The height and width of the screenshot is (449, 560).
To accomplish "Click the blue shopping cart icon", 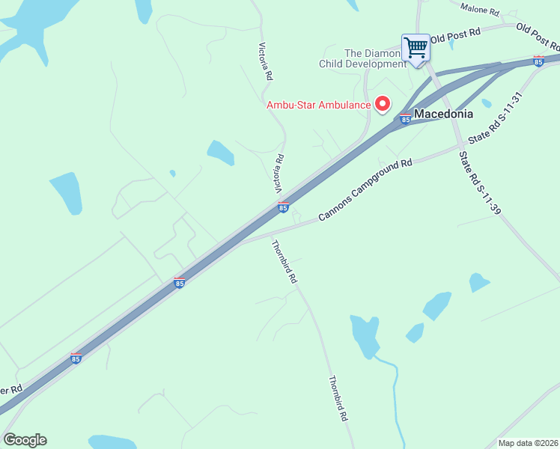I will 416,48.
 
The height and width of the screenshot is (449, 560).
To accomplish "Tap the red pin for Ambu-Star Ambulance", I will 383,104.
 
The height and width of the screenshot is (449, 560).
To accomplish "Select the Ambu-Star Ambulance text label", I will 318,105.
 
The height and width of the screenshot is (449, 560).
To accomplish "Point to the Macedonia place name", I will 444,114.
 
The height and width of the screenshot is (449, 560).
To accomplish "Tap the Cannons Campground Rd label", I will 365,189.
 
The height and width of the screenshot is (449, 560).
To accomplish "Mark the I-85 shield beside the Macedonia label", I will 405,118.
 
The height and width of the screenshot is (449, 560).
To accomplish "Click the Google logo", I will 25,440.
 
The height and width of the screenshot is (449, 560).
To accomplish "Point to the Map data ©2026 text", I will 528,443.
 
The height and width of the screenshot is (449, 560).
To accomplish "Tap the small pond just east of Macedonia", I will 487,103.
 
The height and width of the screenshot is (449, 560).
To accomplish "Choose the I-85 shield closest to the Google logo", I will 76,358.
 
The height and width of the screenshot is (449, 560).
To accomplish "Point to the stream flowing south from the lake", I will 395,397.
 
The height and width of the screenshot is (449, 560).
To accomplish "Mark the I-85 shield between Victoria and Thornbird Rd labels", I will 283,207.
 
